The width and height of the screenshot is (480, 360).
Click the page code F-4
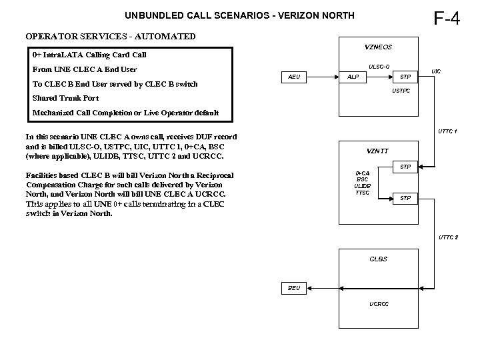point(447,17)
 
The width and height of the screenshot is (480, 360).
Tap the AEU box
point(295,77)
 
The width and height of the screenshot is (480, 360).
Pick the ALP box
point(353,77)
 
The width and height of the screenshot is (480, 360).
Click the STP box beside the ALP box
point(405,77)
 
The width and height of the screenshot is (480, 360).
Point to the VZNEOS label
point(378,47)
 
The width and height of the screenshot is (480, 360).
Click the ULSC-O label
point(379,66)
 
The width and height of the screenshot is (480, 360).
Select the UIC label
point(435,71)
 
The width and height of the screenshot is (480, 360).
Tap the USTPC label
point(401,90)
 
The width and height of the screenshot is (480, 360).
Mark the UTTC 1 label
point(447,131)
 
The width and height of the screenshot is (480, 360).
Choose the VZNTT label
point(378,150)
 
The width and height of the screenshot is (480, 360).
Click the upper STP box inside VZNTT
point(405,165)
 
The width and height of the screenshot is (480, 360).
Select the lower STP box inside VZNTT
point(405,198)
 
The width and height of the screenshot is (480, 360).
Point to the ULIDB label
point(363,185)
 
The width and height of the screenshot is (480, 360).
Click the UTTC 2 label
point(447,237)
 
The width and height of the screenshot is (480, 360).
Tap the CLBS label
point(377,259)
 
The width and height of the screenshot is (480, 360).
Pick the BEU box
point(294,288)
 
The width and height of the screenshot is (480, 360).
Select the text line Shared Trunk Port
point(65,98)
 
